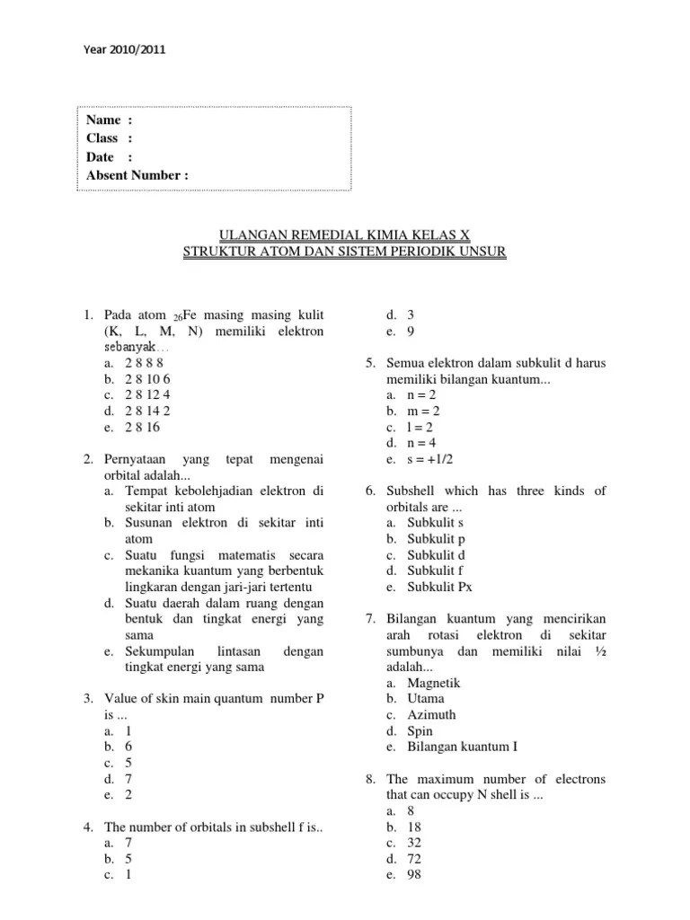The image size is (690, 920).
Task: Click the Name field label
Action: tap(103, 120)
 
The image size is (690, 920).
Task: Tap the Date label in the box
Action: tap(101, 156)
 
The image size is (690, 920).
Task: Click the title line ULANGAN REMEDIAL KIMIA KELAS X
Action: tap(345, 235)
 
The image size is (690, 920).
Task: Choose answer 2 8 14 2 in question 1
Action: tap(147, 411)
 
